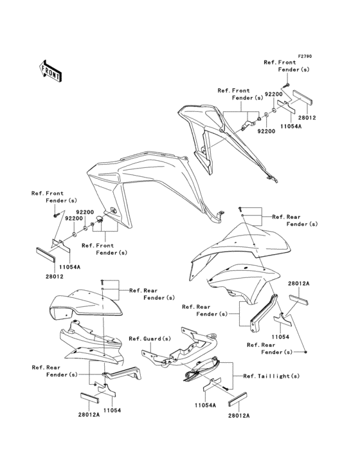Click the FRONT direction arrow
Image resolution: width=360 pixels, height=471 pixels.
(50, 71)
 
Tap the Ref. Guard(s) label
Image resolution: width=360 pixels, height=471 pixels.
(150, 338)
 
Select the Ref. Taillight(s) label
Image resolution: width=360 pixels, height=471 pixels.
(271, 376)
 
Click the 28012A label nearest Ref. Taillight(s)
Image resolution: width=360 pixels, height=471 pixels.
(239, 416)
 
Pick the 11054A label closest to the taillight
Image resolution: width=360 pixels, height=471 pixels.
(205, 405)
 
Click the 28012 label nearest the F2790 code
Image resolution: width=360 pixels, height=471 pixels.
(307, 118)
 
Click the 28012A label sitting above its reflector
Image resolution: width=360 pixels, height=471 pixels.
(298, 283)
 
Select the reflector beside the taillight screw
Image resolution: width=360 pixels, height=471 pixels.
(237, 398)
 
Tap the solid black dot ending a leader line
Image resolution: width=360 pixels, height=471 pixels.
(306, 351)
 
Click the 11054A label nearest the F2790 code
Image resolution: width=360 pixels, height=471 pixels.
(291, 127)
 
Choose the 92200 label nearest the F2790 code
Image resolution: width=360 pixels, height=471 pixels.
(274, 94)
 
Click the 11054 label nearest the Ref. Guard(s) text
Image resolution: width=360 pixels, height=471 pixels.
(113, 411)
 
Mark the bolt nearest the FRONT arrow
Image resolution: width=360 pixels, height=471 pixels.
(55, 216)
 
